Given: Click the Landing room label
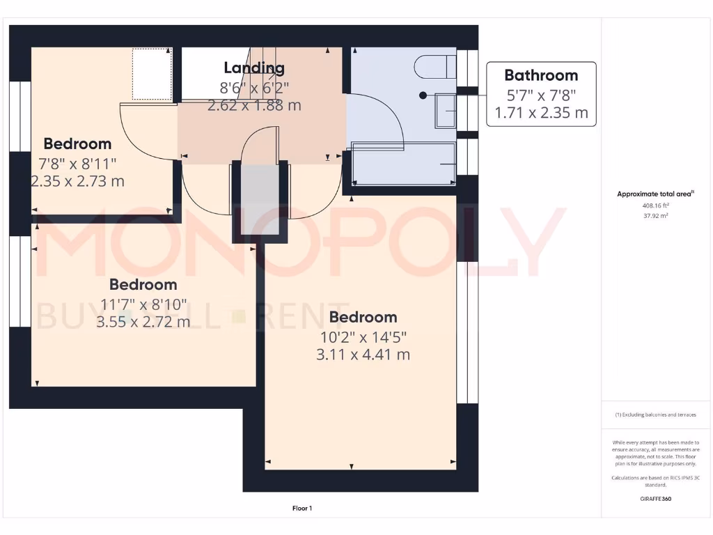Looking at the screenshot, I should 254,68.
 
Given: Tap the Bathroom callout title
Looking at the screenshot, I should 541,75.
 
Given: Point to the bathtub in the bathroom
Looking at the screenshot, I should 404,164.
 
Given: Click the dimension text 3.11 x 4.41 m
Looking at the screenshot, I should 363,355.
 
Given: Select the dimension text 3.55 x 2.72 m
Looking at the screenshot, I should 143,322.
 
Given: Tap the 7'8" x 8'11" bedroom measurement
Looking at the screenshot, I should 78,163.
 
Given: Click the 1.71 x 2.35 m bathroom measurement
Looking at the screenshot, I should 541,112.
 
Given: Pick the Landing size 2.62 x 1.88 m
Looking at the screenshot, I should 254,106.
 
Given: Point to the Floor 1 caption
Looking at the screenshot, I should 301,509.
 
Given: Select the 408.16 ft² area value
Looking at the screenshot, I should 656,206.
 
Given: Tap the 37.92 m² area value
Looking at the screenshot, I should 656,216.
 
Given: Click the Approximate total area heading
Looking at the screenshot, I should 656,194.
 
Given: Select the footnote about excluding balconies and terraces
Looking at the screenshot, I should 656,414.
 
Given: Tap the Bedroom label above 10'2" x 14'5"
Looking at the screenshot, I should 363,318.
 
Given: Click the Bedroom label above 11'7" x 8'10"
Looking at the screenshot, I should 143,285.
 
